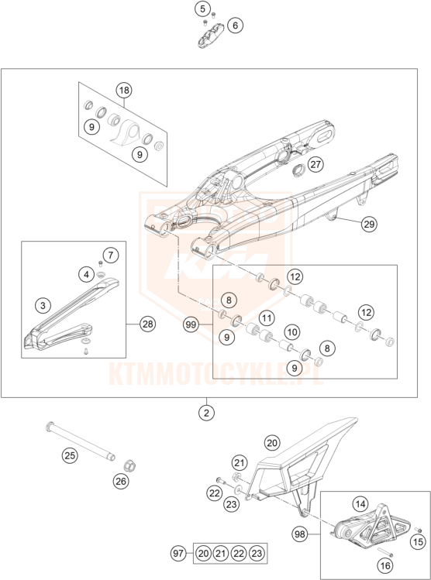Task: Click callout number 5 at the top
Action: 202,9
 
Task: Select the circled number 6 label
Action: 235,26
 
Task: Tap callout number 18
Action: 124,90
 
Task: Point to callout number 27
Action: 315,164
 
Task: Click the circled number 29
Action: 369,224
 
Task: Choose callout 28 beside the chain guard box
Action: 148,324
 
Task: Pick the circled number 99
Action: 191,324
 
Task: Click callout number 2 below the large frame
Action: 207,413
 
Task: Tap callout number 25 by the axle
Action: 70,455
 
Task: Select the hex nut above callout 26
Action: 129,464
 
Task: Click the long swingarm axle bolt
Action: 81,442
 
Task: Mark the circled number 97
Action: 178,554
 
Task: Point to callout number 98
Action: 299,534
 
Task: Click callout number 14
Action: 360,504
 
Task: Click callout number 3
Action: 43,306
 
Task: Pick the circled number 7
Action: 111,255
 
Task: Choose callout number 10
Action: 292,331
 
